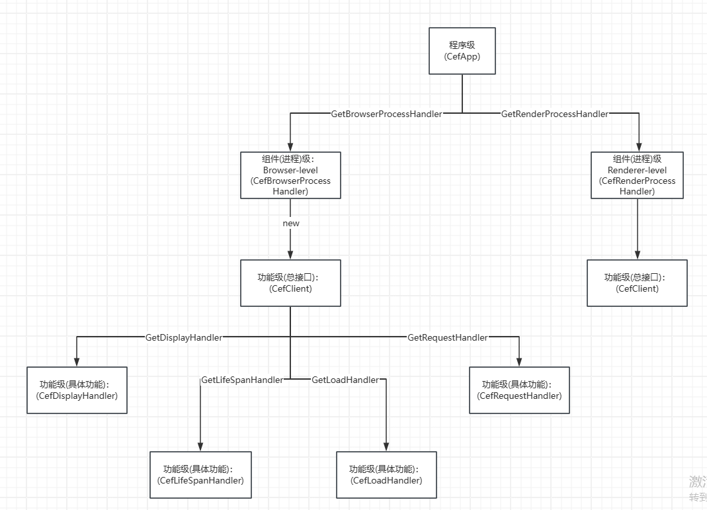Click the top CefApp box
[x=462, y=51]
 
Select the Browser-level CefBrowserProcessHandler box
[x=290, y=175]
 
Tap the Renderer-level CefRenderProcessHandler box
[x=637, y=175]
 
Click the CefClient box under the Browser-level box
[x=290, y=283]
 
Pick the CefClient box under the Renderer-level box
[x=637, y=283]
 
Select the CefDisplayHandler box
[x=77, y=390]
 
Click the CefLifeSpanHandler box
[x=200, y=475]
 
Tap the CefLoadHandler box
[x=386, y=475]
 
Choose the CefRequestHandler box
[x=519, y=390]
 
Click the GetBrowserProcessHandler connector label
[x=386, y=114]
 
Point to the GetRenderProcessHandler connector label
[x=554, y=114]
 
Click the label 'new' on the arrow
[x=291, y=223]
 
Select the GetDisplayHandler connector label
[x=184, y=337]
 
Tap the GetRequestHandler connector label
[x=447, y=337]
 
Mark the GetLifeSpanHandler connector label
[x=242, y=380]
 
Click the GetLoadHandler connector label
[x=345, y=380]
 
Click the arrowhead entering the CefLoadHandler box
[x=386, y=446]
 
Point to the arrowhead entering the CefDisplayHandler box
[x=77, y=362]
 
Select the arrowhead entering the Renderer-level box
[x=638, y=147]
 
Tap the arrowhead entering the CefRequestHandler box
[x=519, y=362]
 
